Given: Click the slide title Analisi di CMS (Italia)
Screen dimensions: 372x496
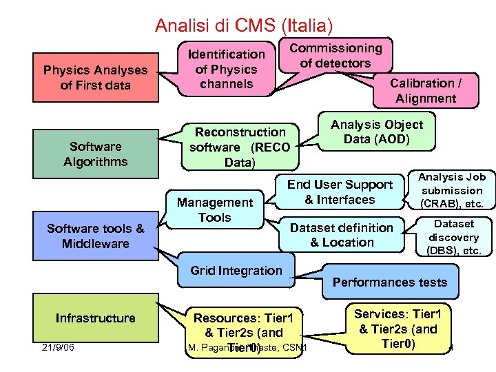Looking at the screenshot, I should click(x=244, y=26).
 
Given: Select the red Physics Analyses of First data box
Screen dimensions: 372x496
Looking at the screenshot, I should click(x=95, y=78).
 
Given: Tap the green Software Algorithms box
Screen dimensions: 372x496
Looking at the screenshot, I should click(x=95, y=154).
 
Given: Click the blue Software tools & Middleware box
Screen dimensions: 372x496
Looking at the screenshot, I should click(x=96, y=236).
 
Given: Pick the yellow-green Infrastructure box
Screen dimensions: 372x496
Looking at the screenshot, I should click(x=96, y=318).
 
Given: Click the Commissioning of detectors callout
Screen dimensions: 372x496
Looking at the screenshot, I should click(x=335, y=55).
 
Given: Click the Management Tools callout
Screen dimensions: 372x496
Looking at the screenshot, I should click(x=215, y=209).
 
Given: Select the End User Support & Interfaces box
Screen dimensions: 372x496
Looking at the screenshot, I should click(x=340, y=192).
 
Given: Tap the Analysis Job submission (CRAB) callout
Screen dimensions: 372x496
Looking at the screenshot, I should click(x=453, y=190).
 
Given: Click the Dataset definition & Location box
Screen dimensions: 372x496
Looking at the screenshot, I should click(x=342, y=235).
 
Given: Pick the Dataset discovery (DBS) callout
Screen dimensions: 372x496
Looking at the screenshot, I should click(x=454, y=237).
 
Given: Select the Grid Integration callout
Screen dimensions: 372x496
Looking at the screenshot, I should click(x=236, y=271).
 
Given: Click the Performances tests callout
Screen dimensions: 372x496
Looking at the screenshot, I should click(x=390, y=282).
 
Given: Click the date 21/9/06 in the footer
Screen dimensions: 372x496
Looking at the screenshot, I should click(x=58, y=347).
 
